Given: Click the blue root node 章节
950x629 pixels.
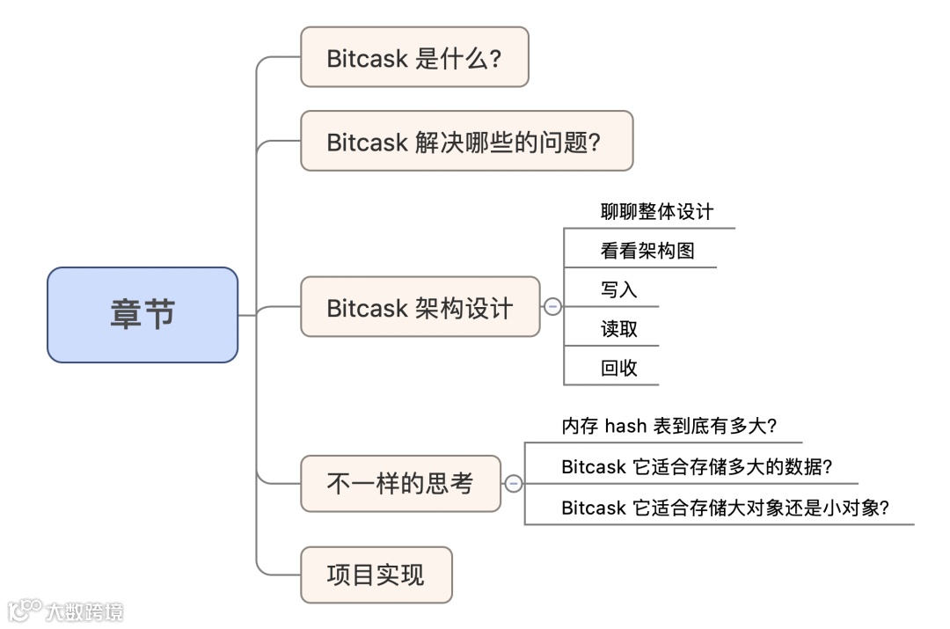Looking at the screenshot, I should point(142,315).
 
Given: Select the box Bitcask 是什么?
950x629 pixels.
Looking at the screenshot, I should point(414,57).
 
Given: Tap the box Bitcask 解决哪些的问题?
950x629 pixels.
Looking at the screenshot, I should point(466,141).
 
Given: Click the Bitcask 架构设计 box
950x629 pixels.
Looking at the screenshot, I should point(420,307).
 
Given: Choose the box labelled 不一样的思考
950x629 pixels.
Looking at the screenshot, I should point(400,483).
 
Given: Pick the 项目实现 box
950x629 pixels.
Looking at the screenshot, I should point(376,574).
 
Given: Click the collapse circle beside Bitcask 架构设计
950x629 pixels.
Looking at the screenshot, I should point(552,307).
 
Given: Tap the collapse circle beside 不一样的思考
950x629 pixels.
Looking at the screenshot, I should point(514,483).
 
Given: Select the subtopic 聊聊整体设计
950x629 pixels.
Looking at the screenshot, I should point(656,212).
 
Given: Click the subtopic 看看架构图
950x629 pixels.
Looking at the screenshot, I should point(647,251).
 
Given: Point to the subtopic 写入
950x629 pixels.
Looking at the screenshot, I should point(618,289).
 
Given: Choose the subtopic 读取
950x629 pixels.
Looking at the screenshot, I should point(618,329).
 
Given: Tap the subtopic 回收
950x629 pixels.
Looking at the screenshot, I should point(618,368).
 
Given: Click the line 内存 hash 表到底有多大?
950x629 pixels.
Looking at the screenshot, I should point(669,427).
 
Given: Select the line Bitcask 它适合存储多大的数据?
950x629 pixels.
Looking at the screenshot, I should point(697,467).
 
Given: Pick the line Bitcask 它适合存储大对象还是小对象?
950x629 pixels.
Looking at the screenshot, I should point(725,508).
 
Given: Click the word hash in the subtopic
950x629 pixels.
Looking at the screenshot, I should point(626,427).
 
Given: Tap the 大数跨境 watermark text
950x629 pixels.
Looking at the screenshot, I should point(85,611).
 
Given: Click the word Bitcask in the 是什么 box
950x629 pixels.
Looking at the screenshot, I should point(368,58).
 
